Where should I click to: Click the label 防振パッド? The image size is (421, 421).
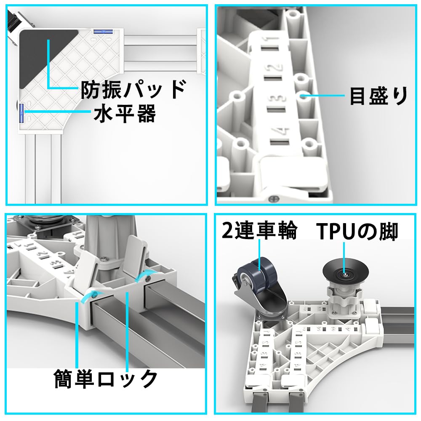tap(133, 89)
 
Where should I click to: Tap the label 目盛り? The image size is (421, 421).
tap(378, 96)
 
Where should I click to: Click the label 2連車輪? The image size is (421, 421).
tap(259, 232)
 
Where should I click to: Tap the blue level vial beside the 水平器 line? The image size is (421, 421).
tap(21, 114)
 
